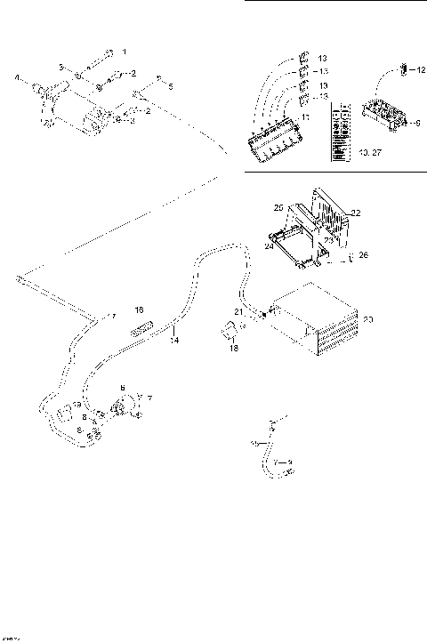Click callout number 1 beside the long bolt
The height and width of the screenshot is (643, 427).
(125, 52)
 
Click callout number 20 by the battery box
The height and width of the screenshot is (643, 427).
(368, 319)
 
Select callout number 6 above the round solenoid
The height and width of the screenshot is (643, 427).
(124, 388)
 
